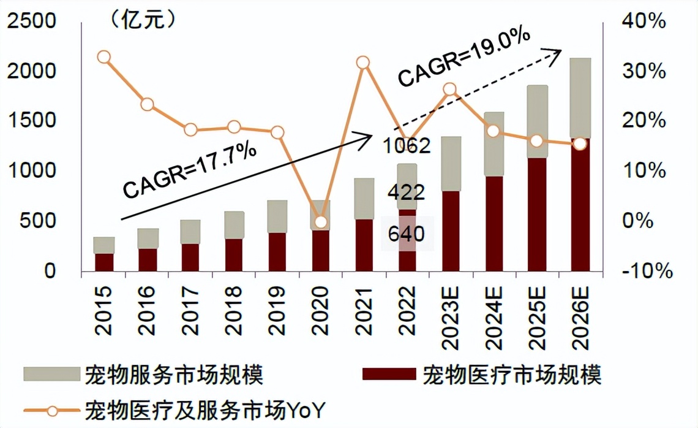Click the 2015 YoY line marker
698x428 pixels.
(x=103, y=57)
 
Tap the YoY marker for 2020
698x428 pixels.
(x=320, y=222)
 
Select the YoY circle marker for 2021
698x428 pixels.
(x=363, y=63)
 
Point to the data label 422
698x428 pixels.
(x=406, y=193)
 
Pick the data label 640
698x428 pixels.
(x=406, y=234)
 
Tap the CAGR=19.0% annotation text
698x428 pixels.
(x=463, y=58)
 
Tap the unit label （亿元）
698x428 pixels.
(x=143, y=20)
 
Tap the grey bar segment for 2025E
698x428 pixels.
(x=538, y=121)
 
